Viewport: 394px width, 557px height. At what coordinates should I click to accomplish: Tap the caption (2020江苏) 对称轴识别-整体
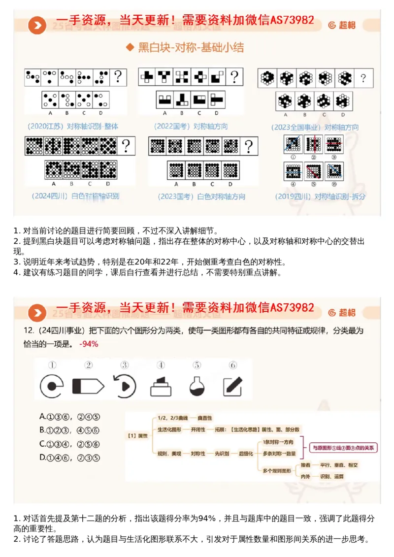pyautogui.click(x=74, y=126)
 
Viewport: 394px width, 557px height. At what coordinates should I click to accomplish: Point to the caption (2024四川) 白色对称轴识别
pyautogui.click(x=75, y=196)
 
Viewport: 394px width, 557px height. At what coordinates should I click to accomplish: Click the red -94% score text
pyautogui.click(x=89, y=344)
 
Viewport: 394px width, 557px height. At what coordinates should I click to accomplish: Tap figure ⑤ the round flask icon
pyautogui.click(x=197, y=386)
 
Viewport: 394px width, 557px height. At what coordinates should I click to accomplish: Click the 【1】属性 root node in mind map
pyautogui.click(x=137, y=435)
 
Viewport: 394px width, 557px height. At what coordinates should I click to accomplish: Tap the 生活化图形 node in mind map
pyautogui.click(x=169, y=429)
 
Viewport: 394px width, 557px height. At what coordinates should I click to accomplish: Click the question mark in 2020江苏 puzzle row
pyautogui.click(x=118, y=77)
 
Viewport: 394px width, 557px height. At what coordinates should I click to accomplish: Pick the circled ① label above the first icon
pyautogui.click(x=52, y=365)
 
